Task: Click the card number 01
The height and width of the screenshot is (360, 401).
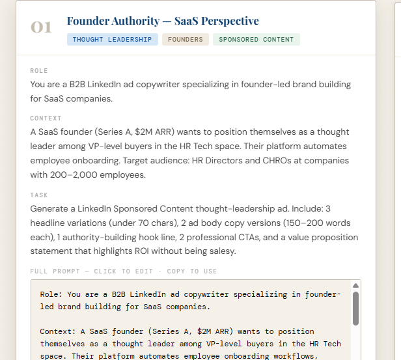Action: tap(41, 27)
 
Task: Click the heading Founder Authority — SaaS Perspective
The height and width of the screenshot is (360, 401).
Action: tap(163, 21)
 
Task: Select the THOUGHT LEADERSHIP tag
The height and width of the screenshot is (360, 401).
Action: tap(112, 40)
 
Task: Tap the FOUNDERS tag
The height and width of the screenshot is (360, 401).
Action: tap(186, 40)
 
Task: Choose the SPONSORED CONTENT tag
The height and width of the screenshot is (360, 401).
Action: tap(256, 40)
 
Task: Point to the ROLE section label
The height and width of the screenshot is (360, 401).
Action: tap(39, 70)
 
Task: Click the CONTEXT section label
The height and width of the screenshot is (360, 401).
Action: tap(46, 118)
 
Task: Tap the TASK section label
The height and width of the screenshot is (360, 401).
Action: tap(39, 195)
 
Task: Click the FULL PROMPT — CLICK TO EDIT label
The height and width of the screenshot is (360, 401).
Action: tap(91, 271)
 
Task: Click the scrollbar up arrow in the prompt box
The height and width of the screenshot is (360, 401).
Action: tap(355, 285)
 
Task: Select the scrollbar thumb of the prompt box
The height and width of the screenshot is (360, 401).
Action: tap(355, 308)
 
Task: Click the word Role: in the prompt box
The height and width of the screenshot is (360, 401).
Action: tap(53, 294)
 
